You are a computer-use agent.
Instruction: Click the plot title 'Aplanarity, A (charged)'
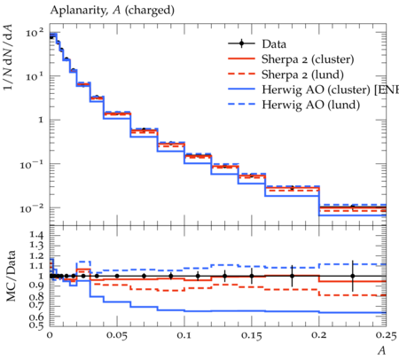113,11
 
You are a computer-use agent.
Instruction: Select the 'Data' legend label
274,44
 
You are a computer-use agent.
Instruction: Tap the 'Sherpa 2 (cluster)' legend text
308,59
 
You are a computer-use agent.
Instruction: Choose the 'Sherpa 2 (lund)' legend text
302,74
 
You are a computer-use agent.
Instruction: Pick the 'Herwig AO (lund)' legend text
311,105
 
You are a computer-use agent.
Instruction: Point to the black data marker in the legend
241,43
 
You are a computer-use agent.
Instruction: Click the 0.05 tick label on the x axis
117,335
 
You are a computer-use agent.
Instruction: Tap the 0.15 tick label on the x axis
252,335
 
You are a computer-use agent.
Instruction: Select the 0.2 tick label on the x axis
319,335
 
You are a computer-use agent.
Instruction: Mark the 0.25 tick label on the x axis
386,335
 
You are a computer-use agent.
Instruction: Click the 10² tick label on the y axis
35,32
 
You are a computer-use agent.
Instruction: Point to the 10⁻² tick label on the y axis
32,208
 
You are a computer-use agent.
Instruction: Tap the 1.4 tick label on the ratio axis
37,236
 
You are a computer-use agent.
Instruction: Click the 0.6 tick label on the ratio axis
37,317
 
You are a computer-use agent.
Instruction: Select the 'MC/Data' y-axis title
11,276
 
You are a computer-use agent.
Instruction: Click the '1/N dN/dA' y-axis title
8,57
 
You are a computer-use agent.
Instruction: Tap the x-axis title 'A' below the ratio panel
382,350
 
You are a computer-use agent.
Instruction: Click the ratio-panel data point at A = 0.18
292,276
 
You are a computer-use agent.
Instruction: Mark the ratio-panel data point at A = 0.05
117,276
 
